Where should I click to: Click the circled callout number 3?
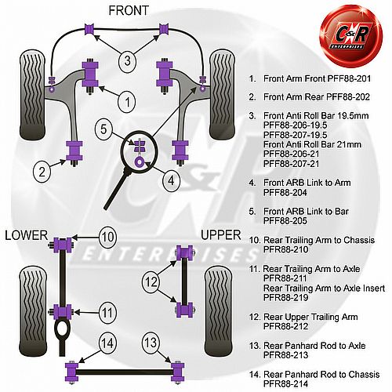pyautogui.click(x=127, y=61)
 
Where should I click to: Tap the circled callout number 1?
pyautogui.click(x=127, y=102)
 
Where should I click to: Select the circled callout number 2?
pyautogui.click(x=42, y=172)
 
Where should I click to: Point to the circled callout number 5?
pyautogui.click(x=103, y=129)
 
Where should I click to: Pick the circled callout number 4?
pyautogui.click(x=171, y=180)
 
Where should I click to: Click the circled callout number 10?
pyautogui.click(x=107, y=238)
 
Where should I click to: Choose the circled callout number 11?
pyautogui.click(x=107, y=313)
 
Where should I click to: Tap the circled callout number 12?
pyautogui.click(x=151, y=282)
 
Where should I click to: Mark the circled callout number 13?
pyautogui.click(x=151, y=343)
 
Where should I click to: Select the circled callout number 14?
pyautogui.click(x=107, y=343)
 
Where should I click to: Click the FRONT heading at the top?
pyautogui.click(x=129, y=11)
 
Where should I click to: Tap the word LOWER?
pyautogui.click(x=27, y=235)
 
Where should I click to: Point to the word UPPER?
pyautogui.click(x=221, y=235)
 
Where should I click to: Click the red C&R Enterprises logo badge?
pyautogui.click(x=351, y=36)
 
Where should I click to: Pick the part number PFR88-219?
pyautogui.click(x=285, y=297)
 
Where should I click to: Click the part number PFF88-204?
pyautogui.click(x=285, y=193)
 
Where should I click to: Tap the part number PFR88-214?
pyautogui.click(x=285, y=384)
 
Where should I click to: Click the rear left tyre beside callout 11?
pyautogui.click(x=33, y=310)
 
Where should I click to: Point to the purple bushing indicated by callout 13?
pyautogui.click(x=178, y=372)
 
